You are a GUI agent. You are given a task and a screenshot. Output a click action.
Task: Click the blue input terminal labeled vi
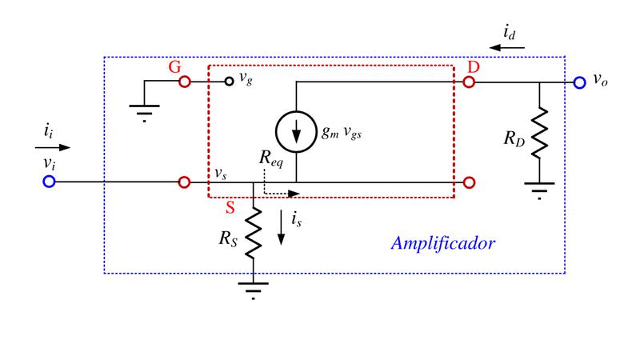pyautogui.click(x=49, y=182)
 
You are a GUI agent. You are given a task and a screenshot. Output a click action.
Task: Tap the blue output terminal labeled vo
pyautogui.click(x=579, y=82)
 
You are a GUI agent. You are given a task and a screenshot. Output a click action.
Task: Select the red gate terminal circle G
pyautogui.click(x=185, y=82)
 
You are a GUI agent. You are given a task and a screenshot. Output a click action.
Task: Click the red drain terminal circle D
pyautogui.click(x=469, y=82)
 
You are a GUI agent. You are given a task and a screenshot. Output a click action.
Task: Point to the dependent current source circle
pyautogui.click(x=276, y=132)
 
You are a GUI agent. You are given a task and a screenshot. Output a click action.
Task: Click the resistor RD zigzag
pyautogui.click(x=539, y=133)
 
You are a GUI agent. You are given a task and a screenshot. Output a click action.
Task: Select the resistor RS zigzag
pyautogui.click(x=253, y=233)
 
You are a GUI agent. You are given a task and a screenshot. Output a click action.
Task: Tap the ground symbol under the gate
pyautogui.click(x=144, y=113)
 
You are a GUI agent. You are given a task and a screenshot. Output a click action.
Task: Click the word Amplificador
pyautogui.click(x=443, y=243)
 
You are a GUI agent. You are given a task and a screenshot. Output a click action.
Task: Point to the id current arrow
pyautogui.click(x=507, y=48)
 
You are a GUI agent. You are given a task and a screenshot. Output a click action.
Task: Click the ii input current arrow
pyautogui.click(x=53, y=147)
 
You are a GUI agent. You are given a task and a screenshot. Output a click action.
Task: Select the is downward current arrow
pyautogui.click(x=282, y=227)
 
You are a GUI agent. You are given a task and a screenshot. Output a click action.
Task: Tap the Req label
pyautogui.click(x=271, y=158)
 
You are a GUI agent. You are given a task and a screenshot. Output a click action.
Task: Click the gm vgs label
pyautogui.click(x=342, y=132)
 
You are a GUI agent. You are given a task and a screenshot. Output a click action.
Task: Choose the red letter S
pyautogui.click(x=230, y=208)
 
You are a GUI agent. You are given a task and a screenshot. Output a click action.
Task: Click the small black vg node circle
pyautogui.click(x=230, y=82)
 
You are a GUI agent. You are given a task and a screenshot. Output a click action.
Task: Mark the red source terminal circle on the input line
pyautogui.click(x=185, y=182)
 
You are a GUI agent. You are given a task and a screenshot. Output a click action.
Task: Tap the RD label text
pyautogui.click(x=514, y=138)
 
